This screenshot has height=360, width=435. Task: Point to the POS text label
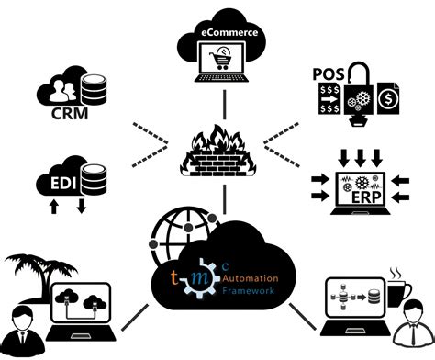[328, 73]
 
